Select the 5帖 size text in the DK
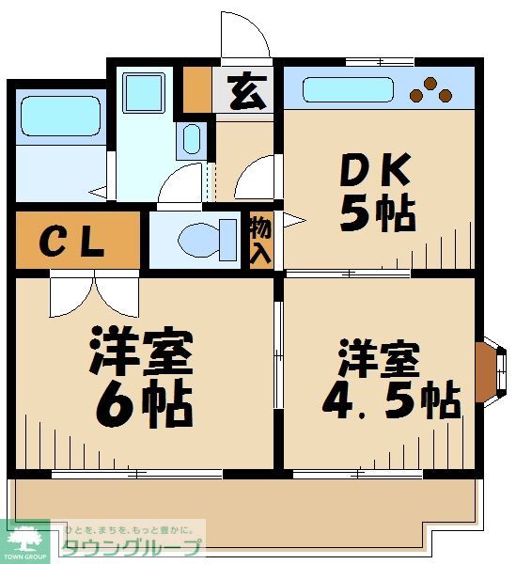point(377,215)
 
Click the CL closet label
point(71,243)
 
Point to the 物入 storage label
point(260,241)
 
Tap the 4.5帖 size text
point(390,399)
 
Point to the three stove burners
point(432,89)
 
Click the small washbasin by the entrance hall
point(192,139)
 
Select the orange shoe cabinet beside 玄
point(196,89)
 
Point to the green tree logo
point(24,540)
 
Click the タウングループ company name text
point(132,548)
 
